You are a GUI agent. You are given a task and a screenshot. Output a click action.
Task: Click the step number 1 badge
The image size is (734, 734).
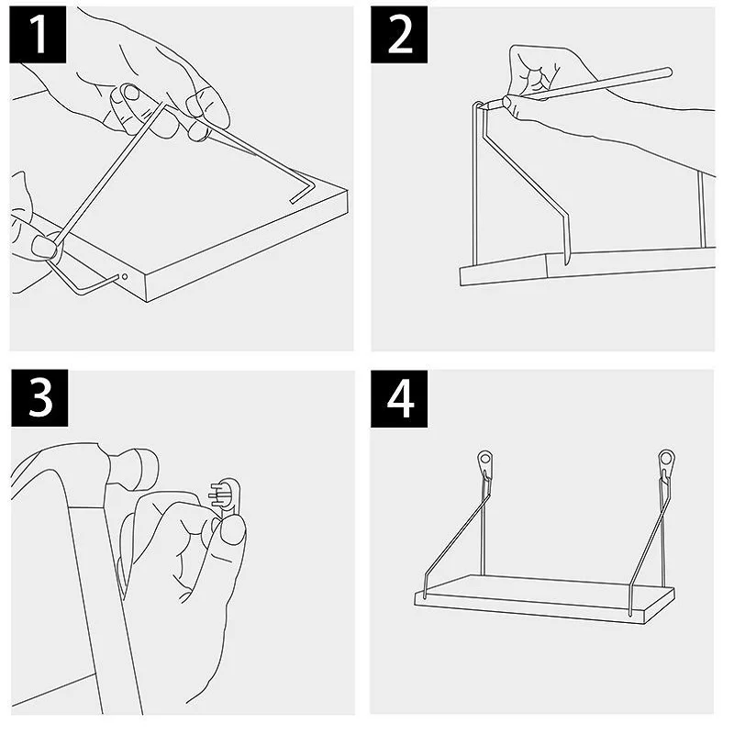click(x=38, y=35)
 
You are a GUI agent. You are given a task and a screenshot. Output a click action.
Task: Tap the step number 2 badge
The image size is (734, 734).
click(x=399, y=35)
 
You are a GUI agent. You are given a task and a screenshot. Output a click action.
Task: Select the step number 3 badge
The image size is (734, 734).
click(x=39, y=398)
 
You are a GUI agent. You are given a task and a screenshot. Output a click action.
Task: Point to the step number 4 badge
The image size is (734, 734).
click(x=399, y=399)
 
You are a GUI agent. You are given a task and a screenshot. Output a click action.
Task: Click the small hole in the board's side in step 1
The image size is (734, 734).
click(x=125, y=277)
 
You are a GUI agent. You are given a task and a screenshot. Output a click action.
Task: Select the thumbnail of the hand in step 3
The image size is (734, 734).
click(x=233, y=531)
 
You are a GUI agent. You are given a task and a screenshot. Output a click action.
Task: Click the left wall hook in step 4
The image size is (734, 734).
click(x=485, y=463)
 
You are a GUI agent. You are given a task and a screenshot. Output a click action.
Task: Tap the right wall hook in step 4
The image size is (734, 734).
click(x=666, y=463)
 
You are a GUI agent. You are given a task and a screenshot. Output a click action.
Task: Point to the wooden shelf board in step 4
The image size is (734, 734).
click(x=544, y=599)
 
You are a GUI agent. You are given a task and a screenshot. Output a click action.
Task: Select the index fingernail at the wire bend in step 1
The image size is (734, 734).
click(x=132, y=94)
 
